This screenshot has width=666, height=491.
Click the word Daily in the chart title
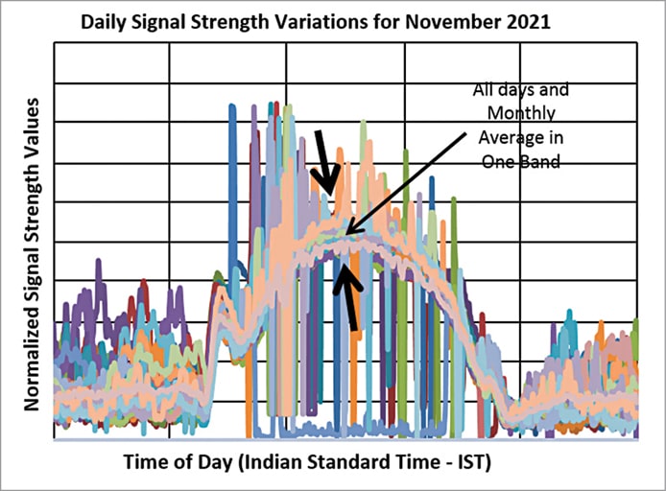coord(106,19)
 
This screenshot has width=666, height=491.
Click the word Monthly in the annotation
coord(520,113)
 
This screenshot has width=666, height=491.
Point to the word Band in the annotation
coord(539,162)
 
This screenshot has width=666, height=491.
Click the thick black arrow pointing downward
coord(323,161)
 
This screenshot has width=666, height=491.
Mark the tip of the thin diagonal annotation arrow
coord(346,234)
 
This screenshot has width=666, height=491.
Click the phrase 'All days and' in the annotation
coord(520,90)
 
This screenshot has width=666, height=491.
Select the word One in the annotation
coord(498,162)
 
